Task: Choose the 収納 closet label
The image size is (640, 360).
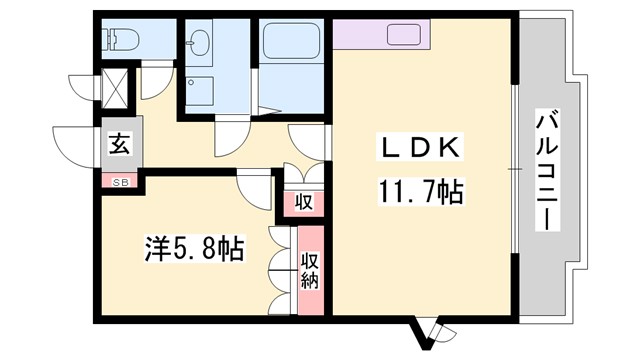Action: tap(310, 268)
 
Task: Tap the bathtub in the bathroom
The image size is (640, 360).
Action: tap(290, 45)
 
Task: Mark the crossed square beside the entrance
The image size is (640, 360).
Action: tap(117, 89)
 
